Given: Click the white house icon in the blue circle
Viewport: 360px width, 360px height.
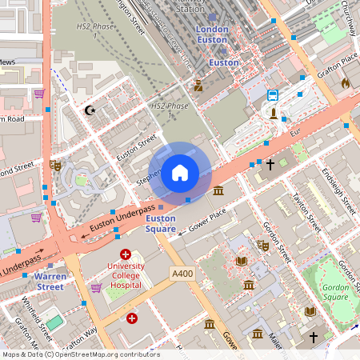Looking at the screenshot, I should (180, 172).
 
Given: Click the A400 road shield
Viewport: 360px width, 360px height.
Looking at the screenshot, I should (182, 274).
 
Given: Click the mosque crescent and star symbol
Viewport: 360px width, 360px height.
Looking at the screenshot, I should (90, 110).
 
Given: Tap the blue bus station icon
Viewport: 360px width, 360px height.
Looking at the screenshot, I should (273, 95).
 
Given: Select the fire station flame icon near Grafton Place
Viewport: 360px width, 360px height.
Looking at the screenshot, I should (346, 82).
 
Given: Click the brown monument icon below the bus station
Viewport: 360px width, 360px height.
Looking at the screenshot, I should (274, 113).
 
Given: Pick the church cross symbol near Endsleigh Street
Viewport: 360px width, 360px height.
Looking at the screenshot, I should (270, 165).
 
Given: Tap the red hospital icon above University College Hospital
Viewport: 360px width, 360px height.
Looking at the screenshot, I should (125, 254).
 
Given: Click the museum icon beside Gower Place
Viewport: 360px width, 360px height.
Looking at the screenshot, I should (218, 190).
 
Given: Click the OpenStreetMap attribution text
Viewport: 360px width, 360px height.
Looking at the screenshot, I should (80, 354).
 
